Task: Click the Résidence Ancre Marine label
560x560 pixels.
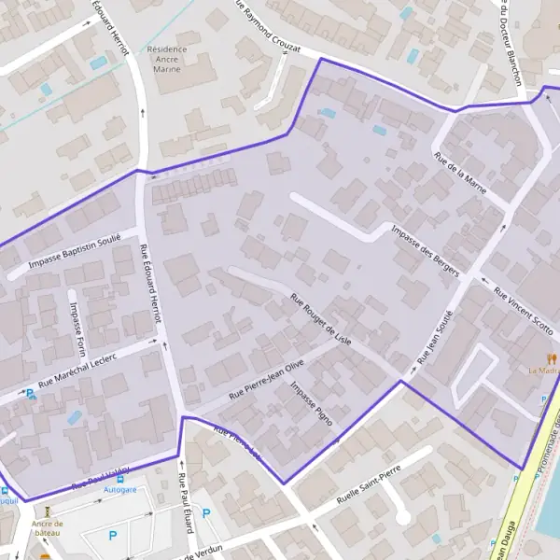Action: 167,59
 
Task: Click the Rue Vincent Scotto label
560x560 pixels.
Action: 524,311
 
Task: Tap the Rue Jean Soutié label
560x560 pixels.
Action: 435,336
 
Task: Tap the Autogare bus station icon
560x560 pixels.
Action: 119,477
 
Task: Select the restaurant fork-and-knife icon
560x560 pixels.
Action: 552,357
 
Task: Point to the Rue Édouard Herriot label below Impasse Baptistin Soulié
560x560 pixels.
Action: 150,282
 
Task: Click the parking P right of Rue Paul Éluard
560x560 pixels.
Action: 206,513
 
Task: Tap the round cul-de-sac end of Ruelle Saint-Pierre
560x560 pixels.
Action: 402,516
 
